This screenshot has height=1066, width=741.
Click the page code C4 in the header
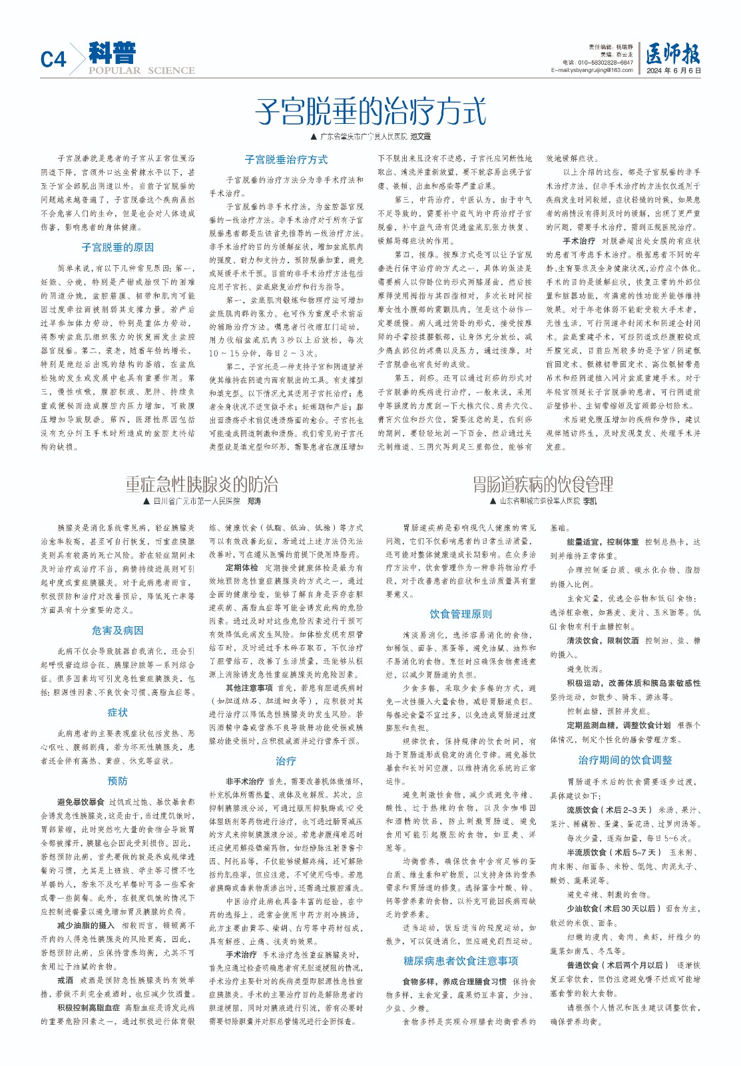[53, 60]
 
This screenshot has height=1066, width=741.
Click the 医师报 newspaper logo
[673, 54]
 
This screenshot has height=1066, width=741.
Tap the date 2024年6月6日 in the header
[674, 71]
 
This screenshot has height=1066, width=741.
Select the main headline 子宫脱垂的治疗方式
[370, 111]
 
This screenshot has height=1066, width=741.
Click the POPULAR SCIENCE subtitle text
[142, 71]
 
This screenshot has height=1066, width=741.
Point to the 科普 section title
[113, 53]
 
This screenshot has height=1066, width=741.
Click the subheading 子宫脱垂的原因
[118, 247]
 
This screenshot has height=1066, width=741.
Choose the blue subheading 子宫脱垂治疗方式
[286, 160]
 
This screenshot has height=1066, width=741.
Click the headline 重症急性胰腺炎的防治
[202, 484]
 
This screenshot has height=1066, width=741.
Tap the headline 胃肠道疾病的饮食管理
[543, 484]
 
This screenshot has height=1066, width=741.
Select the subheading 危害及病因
[118, 630]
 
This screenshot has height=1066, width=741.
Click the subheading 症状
[118, 713]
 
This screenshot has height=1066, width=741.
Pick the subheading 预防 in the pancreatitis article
[118, 781]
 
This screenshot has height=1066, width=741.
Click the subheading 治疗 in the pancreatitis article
[286, 761]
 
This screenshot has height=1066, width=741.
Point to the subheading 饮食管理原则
[461, 614]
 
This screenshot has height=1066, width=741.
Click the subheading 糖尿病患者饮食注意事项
[461, 961]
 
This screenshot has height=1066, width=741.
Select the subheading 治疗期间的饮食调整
[625, 760]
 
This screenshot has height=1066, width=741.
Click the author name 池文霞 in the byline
[421, 137]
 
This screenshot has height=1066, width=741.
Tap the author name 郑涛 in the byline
[254, 501]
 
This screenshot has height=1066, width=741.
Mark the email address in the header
[592, 70]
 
